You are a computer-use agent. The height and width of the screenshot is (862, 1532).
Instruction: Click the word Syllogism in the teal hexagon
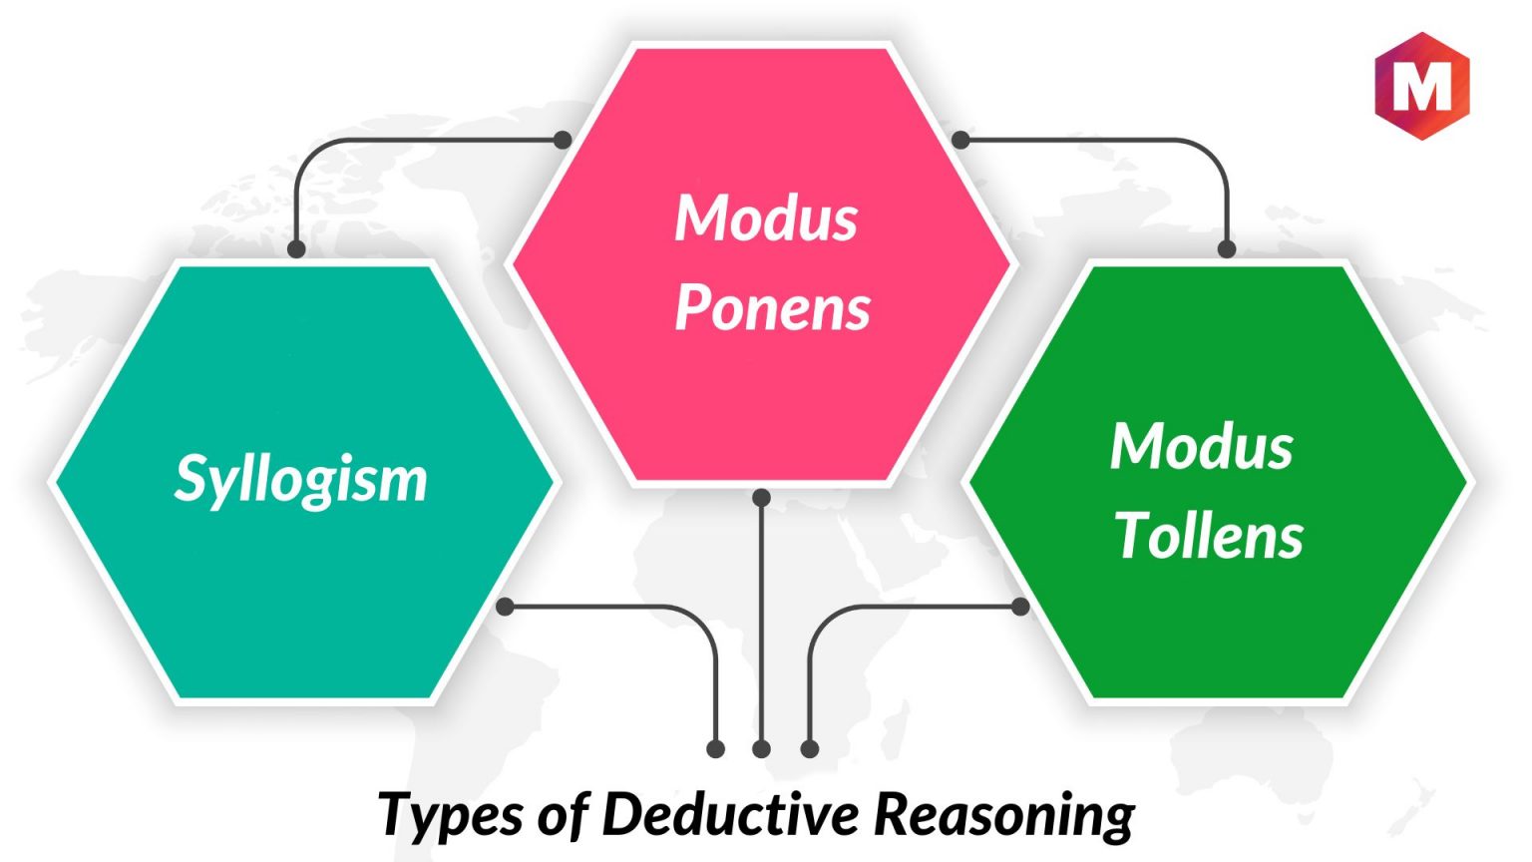(301, 480)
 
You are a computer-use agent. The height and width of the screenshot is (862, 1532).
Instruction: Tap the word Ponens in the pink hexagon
(772, 309)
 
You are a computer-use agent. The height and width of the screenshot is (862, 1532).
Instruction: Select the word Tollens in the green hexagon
(1209, 537)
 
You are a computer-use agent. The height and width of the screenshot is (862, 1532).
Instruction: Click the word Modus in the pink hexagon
(766, 218)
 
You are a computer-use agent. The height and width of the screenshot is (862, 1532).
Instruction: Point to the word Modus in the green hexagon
(1202, 447)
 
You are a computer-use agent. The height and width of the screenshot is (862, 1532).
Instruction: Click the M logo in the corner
(1422, 86)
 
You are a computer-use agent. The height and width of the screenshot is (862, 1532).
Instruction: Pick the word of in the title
(564, 814)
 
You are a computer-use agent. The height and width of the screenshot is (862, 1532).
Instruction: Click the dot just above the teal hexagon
(296, 249)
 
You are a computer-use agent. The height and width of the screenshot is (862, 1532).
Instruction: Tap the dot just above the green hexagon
(1227, 249)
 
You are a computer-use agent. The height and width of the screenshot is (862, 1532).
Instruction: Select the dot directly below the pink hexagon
(761, 498)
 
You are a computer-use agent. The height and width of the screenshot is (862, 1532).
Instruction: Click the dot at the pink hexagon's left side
(563, 141)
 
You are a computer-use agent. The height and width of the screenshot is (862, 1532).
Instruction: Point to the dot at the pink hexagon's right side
(960, 141)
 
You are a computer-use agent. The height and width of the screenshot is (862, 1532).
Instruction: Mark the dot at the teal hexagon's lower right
(505, 607)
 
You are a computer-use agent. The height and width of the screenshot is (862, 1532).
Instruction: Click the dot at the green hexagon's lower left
(1020, 607)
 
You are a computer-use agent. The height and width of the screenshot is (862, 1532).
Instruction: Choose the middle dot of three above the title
(761, 749)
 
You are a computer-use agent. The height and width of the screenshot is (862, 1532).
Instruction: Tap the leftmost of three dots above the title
(715, 749)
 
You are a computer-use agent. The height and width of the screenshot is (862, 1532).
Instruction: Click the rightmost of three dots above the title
(810, 749)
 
